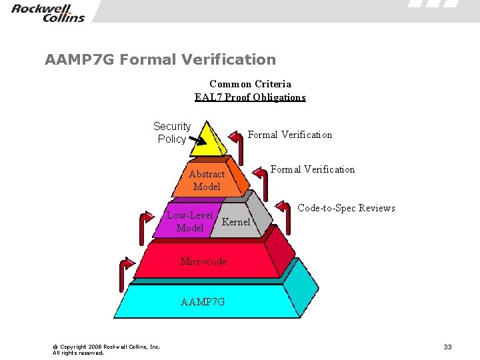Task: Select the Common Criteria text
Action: pos(250,84)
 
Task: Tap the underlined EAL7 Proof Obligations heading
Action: pos(250,97)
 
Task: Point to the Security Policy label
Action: pos(172,132)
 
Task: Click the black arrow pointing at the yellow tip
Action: pos(197,140)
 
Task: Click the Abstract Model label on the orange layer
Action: pos(207,180)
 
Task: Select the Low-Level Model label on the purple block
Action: pos(190,221)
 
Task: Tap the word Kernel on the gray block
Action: pos(236,222)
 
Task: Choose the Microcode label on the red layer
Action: pos(203,261)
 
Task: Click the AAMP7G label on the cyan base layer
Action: pos(203,302)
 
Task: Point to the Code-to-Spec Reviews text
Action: pos(346,208)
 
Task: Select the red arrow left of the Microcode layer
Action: pos(125,271)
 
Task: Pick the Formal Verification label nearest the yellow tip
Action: pos(290,135)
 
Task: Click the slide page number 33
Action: pos(447,347)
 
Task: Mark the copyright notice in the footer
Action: pos(106,349)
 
